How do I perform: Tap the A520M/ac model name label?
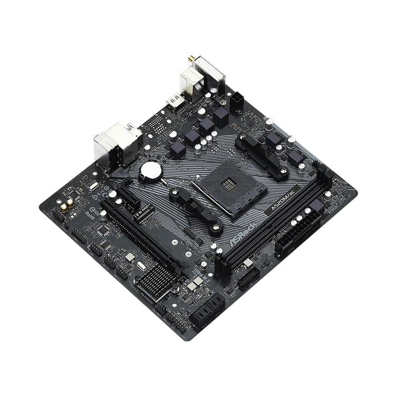(283, 206)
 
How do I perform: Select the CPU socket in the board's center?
(229, 191)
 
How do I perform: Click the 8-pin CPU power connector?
(236, 102)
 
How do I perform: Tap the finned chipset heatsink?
(156, 282)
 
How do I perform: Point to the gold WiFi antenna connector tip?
(191, 60)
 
